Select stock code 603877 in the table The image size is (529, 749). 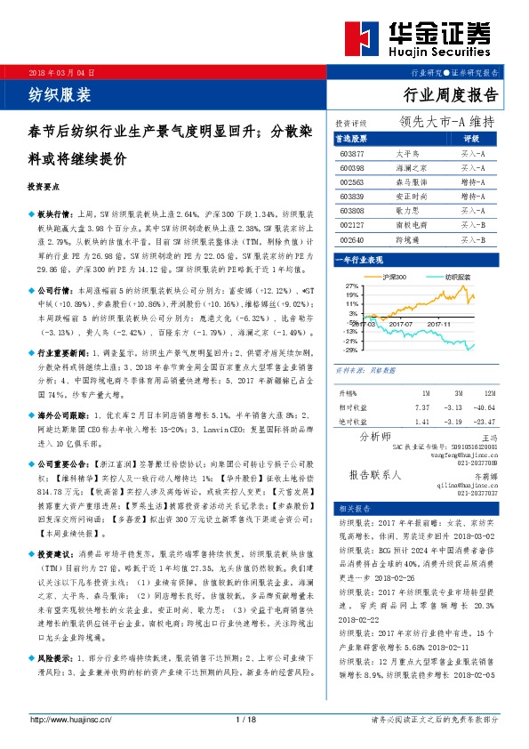click(x=352, y=154)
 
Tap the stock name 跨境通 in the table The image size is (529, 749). click(x=406, y=239)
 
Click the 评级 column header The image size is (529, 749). click(x=472, y=140)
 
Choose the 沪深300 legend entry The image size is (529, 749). click(x=395, y=278)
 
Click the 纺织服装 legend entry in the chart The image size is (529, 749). click(x=457, y=278)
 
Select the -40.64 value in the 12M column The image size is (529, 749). click(x=483, y=407)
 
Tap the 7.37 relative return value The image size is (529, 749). click(x=422, y=407)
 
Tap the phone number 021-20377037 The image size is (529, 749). click(x=479, y=492)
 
